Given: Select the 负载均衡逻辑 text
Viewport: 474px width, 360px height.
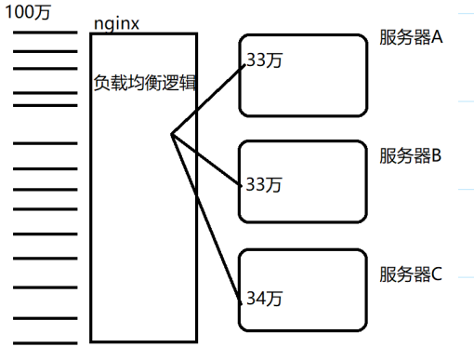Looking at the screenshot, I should (144, 81).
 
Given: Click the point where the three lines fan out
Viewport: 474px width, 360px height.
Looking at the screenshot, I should (172, 135).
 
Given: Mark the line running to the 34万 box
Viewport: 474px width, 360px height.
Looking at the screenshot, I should (209, 220).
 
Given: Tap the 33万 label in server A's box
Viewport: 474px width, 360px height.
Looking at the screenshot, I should (263, 60).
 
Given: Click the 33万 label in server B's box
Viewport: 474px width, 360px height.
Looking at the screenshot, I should (263, 184).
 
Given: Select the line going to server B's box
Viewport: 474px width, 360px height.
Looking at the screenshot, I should (209, 160).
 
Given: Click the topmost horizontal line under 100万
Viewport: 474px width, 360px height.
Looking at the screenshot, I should (46, 33).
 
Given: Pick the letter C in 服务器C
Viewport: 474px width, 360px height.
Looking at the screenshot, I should (436, 274).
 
